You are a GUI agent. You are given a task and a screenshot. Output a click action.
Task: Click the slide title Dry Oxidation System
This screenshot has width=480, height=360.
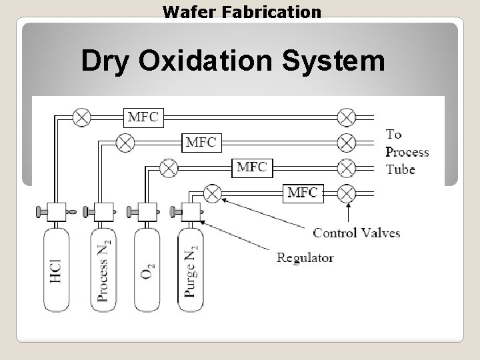[233, 61]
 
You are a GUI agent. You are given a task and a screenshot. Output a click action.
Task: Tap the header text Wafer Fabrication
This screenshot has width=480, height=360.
[242, 11]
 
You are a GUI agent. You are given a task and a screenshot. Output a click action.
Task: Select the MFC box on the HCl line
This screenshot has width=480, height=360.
[143, 117]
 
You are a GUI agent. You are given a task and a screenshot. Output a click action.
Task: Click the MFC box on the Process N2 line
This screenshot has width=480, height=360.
[201, 141]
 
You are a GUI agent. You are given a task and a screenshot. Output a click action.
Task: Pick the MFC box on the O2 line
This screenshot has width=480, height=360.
[251, 166]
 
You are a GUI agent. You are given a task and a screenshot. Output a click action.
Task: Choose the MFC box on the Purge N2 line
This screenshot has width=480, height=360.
[302, 193]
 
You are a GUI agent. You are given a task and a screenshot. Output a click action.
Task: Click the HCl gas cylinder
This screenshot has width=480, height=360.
[56, 270]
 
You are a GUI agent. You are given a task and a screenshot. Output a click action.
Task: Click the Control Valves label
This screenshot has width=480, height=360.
[356, 233]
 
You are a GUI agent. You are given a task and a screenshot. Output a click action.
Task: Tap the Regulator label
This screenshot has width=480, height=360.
[305, 257]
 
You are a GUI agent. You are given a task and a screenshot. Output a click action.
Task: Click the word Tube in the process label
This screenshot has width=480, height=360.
[400, 169]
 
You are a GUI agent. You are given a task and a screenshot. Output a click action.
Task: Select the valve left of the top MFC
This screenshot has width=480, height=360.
[81, 117]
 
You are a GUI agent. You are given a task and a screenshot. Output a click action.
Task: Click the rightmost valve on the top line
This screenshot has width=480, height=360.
[346, 117]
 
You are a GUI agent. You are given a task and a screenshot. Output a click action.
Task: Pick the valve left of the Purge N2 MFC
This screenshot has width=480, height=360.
[212, 193]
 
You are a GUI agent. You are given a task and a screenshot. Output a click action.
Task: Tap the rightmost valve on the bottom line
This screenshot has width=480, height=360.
[346, 193]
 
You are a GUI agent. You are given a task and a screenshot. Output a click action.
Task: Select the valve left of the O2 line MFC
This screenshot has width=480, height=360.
[169, 167]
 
